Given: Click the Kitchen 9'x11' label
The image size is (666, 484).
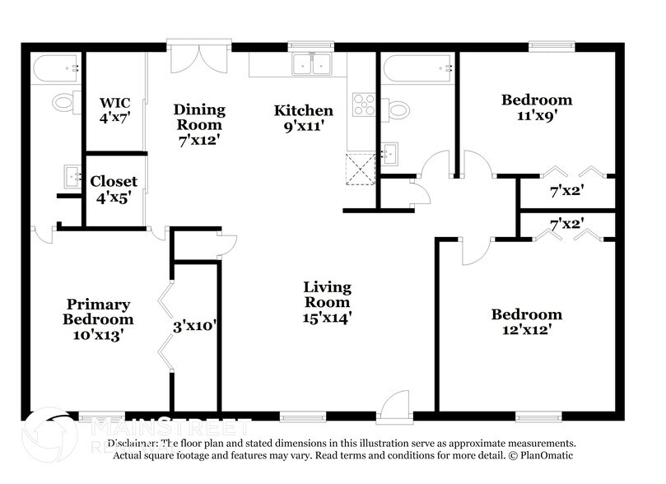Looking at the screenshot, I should pyautogui.click(x=304, y=118).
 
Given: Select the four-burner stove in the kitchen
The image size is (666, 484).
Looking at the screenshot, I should pyautogui.click(x=363, y=105).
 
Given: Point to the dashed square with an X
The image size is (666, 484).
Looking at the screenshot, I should pyautogui.click(x=359, y=170).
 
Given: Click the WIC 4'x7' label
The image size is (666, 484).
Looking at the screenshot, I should pyautogui.click(x=115, y=110).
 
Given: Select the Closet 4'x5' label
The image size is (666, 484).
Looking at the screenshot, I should pyautogui.click(x=114, y=188).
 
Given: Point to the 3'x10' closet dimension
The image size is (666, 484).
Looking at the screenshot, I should pyautogui.click(x=195, y=325).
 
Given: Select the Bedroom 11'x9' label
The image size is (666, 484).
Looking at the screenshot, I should pyautogui.click(x=537, y=109).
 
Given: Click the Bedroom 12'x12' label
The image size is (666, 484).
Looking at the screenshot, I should pyautogui.click(x=527, y=322).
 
